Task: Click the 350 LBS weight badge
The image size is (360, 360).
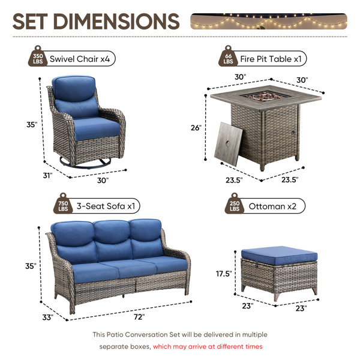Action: point(38,57)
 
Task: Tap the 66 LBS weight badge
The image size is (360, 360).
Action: point(228,57)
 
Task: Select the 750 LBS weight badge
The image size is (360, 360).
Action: point(63,204)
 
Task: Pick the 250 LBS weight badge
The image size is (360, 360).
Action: point(235,204)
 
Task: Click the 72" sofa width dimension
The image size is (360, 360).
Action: point(139,317)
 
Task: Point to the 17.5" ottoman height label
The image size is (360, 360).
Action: point(224,274)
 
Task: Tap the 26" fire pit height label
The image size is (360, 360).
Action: point(196,127)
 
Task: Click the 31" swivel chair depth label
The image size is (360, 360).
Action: point(48,175)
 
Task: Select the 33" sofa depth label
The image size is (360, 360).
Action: point(48,317)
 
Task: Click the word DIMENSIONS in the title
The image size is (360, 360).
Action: point(116,22)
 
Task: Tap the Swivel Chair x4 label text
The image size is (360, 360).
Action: point(80,59)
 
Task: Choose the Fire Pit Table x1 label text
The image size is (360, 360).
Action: point(271,59)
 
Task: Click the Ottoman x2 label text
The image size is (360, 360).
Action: point(272,206)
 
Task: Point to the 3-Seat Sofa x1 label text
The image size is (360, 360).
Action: point(106,206)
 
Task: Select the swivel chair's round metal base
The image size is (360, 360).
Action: point(85,162)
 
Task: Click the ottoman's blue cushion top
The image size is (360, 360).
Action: point(280,255)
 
